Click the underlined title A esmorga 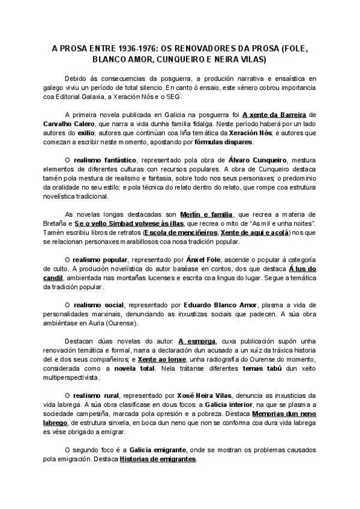coord(197,341)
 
